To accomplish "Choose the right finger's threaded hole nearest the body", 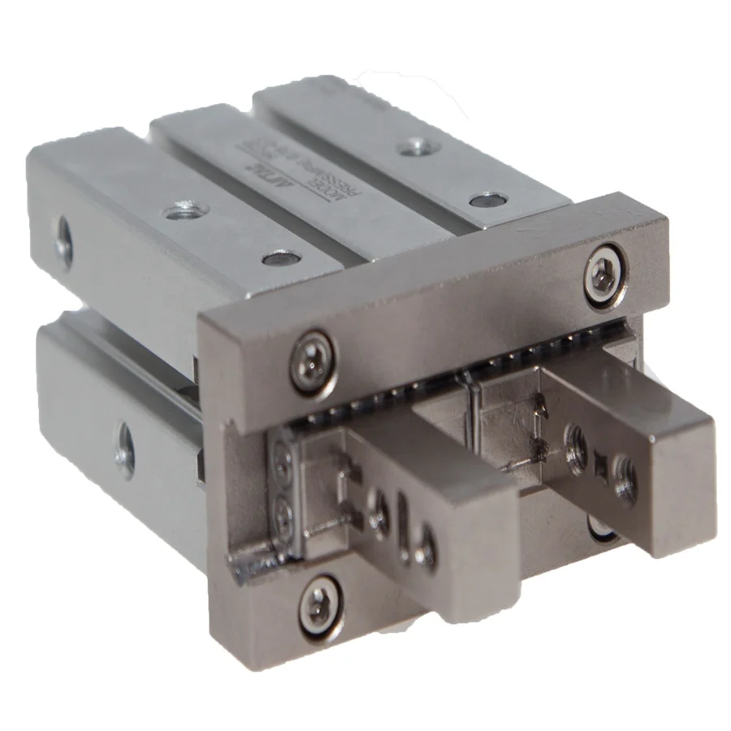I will click(578, 444).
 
